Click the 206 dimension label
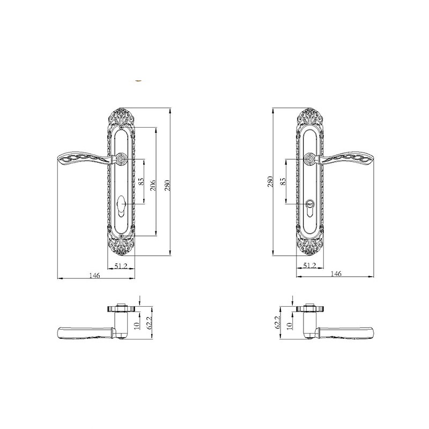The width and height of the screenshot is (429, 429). point(153,185)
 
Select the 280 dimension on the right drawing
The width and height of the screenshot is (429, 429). point(270,182)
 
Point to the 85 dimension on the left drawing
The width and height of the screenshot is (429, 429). point(141,181)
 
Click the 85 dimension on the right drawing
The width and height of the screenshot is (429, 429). point(283,181)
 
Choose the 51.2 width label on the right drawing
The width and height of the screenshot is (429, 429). point(309,265)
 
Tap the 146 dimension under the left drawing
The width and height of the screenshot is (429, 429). point(95,275)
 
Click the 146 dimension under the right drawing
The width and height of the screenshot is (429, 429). point(336,273)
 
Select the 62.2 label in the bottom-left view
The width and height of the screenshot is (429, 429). point(149,324)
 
